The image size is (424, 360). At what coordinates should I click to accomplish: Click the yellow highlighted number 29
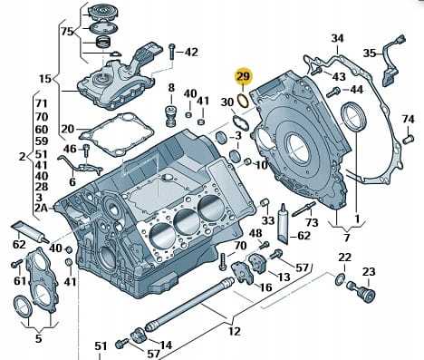point(244,76)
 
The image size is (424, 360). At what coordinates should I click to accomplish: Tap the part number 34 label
point(337,38)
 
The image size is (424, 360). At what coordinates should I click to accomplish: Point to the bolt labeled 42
point(172,52)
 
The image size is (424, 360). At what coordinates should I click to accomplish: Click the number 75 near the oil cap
point(67,32)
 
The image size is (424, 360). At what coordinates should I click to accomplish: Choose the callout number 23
point(369,272)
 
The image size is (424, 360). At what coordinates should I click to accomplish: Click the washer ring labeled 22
point(340,279)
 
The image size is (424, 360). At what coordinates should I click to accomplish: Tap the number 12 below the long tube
point(235,331)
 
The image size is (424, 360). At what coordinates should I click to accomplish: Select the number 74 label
point(408,119)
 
